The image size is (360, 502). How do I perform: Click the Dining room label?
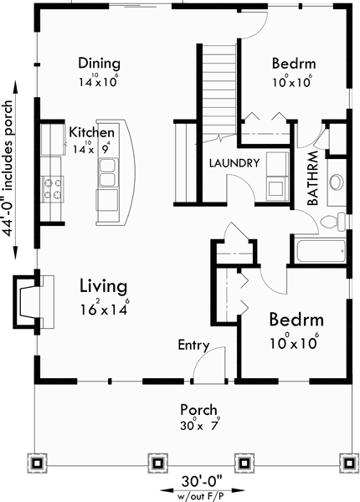pos(99,64)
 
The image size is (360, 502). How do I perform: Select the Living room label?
pos(103,286)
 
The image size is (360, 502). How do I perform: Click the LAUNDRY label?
pos(234,163)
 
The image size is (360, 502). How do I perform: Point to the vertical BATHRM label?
pos(311,177)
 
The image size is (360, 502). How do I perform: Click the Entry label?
pos(193,346)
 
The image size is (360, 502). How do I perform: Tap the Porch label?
pos(200,410)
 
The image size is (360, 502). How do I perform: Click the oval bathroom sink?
pos(337,182)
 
